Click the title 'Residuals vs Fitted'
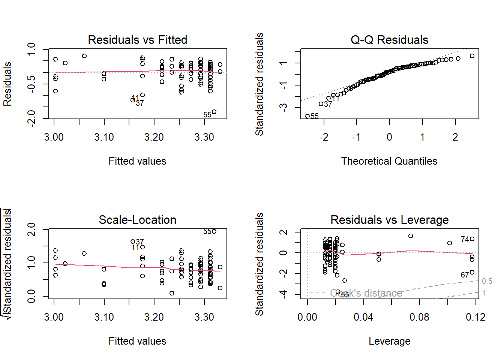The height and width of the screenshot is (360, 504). click(x=137, y=40)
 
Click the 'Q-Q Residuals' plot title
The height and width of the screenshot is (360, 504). click(x=389, y=40)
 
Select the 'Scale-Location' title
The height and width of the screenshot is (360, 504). click(x=137, y=220)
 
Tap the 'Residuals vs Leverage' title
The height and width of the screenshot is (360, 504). click(x=389, y=220)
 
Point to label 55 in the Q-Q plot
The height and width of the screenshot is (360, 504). click(x=315, y=116)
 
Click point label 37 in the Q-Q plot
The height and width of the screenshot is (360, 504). click(x=328, y=104)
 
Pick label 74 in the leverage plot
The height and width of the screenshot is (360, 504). click(x=465, y=239)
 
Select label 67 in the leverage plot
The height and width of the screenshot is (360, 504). click(x=465, y=275)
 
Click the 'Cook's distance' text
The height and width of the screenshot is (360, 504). click(x=366, y=293)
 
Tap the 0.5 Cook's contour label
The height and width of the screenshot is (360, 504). click(x=487, y=281)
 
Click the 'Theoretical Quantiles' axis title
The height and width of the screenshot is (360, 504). click(x=389, y=161)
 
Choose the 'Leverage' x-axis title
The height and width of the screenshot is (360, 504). click(x=389, y=341)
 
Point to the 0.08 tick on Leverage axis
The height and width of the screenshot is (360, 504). click(x=419, y=317)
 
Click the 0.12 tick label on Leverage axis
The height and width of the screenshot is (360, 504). click(x=475, y=317)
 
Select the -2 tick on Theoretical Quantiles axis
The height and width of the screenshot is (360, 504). click(x=324, y=137)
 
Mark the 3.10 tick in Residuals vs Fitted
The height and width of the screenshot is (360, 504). click(x=104, y=137)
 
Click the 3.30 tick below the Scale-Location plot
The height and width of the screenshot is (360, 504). click(x=204, y=317)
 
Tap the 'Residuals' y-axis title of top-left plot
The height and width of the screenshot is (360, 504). click(x=7, y=84)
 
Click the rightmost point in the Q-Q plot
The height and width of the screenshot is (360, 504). click(x=472, y=56)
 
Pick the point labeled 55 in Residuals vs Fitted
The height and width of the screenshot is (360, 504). click(x=214, y=112)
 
